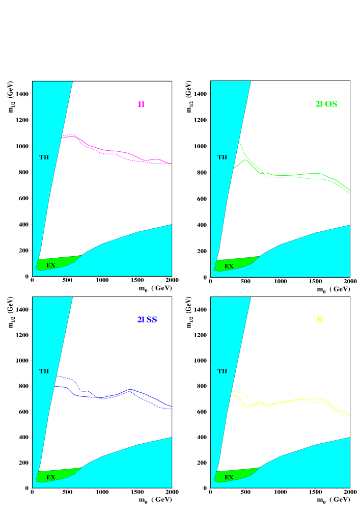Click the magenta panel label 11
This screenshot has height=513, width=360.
tap(141, 104)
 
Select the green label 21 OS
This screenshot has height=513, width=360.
tap(326, 104)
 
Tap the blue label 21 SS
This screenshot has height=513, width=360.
tap(147, 320)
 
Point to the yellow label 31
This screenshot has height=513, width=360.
tap(319, 320)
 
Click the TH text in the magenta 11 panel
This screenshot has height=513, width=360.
tap(44, 157)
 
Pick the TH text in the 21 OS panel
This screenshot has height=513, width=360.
tap(223, 157)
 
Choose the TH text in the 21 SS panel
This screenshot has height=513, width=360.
tap(44, 371)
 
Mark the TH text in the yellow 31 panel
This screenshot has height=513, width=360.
tap(223, 371)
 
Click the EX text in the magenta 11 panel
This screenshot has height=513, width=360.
tap(51, 265)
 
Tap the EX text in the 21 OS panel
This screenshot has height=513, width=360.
tap(229, 266)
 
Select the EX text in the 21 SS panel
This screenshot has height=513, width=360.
tap(51, 477)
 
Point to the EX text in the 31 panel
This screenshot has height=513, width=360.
tap(229, 477)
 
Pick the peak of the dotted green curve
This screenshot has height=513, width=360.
tap(239, 142)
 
